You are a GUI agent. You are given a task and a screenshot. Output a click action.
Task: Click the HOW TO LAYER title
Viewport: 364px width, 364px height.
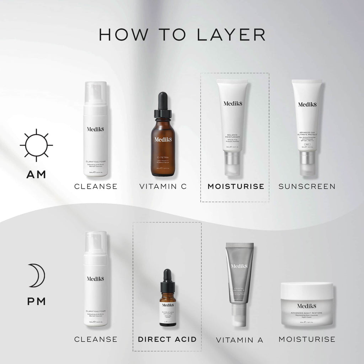pos(182,34)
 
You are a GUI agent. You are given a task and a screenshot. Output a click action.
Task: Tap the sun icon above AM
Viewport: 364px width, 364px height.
pos(36,145)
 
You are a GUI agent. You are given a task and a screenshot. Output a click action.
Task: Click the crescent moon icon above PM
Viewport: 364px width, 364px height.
pos(36,275)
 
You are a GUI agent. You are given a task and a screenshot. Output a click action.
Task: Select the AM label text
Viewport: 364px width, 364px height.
pos(36,175)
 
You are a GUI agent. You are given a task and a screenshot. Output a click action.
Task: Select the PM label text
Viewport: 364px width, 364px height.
pos(36,302)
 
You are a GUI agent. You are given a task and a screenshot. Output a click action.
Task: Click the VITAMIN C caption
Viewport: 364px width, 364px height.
pos(163,186)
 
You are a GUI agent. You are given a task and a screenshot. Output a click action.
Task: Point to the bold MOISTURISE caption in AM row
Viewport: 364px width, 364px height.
pos(236,186)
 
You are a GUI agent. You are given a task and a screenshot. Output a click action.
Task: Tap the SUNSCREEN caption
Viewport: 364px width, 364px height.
pos(307,186)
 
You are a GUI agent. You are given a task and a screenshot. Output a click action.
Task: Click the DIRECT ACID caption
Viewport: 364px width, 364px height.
pos(167,339)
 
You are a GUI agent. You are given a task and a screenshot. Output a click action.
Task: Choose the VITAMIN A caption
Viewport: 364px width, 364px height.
pos(240,340)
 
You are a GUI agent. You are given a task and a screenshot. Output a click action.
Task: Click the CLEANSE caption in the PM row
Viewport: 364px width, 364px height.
pos(96,339)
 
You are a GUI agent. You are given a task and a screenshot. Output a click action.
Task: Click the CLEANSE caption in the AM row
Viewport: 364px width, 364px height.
pos(96,186)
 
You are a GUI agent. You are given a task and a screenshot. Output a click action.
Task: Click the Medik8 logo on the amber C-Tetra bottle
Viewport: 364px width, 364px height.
pos(163,139)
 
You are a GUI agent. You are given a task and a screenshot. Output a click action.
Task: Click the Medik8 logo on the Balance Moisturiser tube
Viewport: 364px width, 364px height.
pos(232,104)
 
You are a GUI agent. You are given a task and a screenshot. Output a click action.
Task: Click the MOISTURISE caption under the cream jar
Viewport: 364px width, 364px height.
pos(307,339)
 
